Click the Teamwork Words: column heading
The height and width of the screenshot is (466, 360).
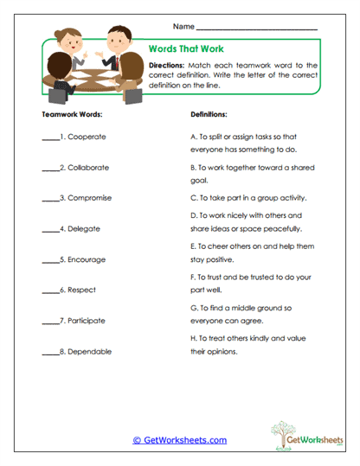point(72,113)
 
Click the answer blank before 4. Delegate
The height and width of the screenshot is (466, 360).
point(49,230)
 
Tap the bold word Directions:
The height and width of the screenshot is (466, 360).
point(166,65)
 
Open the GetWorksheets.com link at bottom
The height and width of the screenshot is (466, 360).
point(180,440)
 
